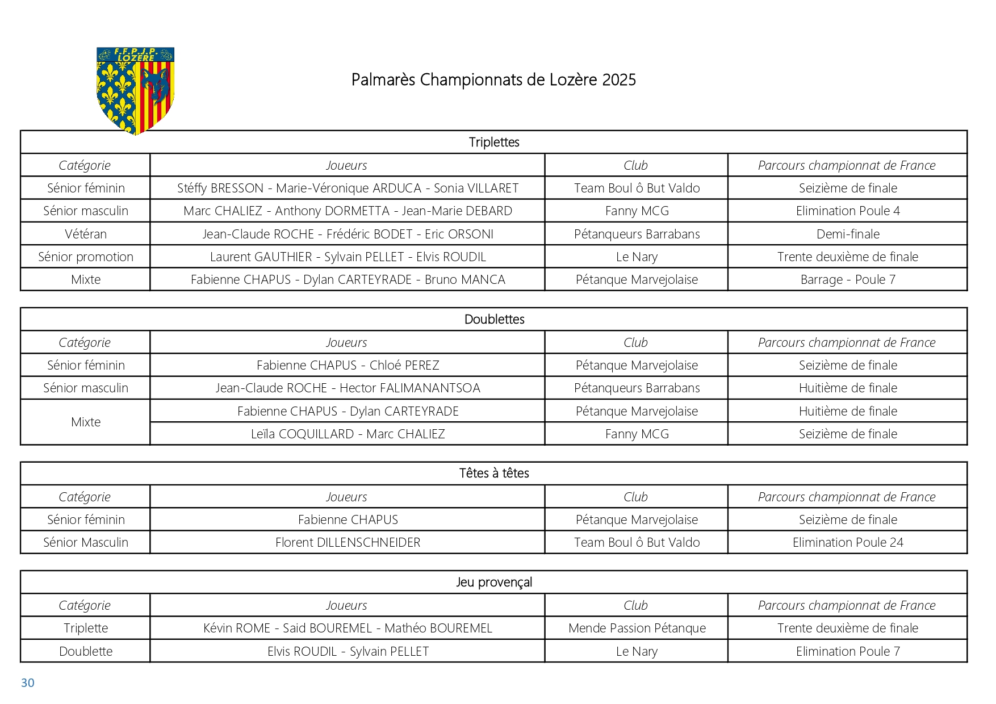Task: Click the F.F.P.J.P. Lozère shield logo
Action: [x=135, y=90]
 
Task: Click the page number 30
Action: [x=27, y=683]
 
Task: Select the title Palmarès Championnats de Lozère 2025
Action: [x=493, y=79]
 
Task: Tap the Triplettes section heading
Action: [x=494, y=142]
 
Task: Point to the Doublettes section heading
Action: [x=494, y=319]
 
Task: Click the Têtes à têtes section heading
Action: [x=494, y=473]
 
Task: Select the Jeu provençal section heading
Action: [x=494, y=582]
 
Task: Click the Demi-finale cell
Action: [x=848, y=234]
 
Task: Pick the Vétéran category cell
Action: [x=86, y=234]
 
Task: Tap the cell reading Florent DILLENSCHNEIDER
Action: [x=348, y=542]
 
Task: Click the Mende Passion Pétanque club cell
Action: [x=637, y=628]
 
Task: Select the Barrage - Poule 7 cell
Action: [x=848, y=279]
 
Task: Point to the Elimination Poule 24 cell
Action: [x=848, y=542]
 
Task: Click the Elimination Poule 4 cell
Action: [x=848, y=211]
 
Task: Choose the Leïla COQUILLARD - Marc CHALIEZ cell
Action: [x=348, y=434]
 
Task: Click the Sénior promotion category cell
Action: [x=86, y=257]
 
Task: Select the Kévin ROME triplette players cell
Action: [x=348, y=628]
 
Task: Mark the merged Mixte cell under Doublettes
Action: [x=86, y=422]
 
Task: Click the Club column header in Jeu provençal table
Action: [x=635, y=605]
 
